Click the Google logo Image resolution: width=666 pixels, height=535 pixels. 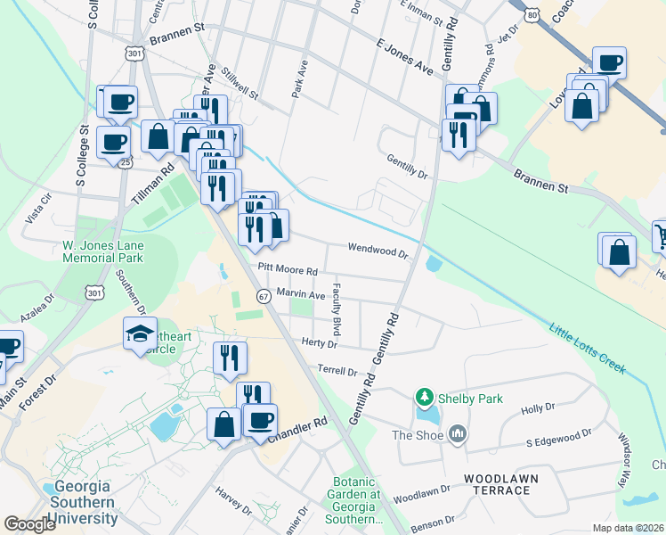[x=29, y=524]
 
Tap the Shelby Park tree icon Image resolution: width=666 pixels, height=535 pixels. [x=426, y=397]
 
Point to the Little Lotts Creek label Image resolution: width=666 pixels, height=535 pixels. [x=588, y=348]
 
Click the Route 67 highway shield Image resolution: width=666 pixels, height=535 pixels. [x=264, y=295]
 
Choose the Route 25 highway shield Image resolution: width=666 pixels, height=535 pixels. [x=126, y=163]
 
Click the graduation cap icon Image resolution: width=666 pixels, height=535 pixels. [x=140, y=333]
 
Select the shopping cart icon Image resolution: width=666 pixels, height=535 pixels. [x=661, y=236]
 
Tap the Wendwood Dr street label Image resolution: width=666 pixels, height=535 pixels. [x=378, y=251]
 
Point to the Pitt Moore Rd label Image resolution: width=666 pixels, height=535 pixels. [x=288, y=269]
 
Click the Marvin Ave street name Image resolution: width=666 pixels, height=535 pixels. [x=300, y=293]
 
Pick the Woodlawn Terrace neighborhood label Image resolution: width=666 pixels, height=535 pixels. [x=500, y=486]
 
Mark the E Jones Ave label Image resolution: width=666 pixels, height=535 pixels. [x=403, y=56]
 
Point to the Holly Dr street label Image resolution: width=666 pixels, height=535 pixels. [x=538, y=407]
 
